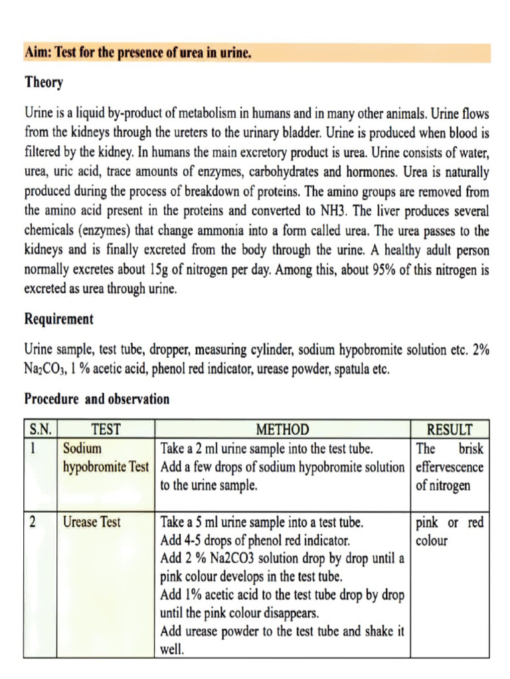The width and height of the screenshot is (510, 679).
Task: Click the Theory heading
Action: coord(44,83)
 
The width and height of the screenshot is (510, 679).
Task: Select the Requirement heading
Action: coord(59,319)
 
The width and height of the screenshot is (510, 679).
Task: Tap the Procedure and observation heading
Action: coord(97,399)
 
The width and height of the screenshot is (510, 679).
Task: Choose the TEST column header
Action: coord(106,430)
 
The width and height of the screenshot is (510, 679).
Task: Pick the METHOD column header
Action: coord(282,430)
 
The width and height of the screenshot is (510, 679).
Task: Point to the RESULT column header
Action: coord(450,430)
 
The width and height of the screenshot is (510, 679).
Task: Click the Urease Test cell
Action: coord(92,522)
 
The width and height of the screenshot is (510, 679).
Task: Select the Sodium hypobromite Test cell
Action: coord(106,458)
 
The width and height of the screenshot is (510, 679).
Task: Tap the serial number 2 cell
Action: coord(33,522)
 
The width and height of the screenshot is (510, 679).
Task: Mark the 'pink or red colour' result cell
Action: coord(450,531)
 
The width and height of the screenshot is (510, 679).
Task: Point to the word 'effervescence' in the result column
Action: coord(450,467)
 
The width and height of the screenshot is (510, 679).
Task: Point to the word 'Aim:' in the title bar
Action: coord(38,53)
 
